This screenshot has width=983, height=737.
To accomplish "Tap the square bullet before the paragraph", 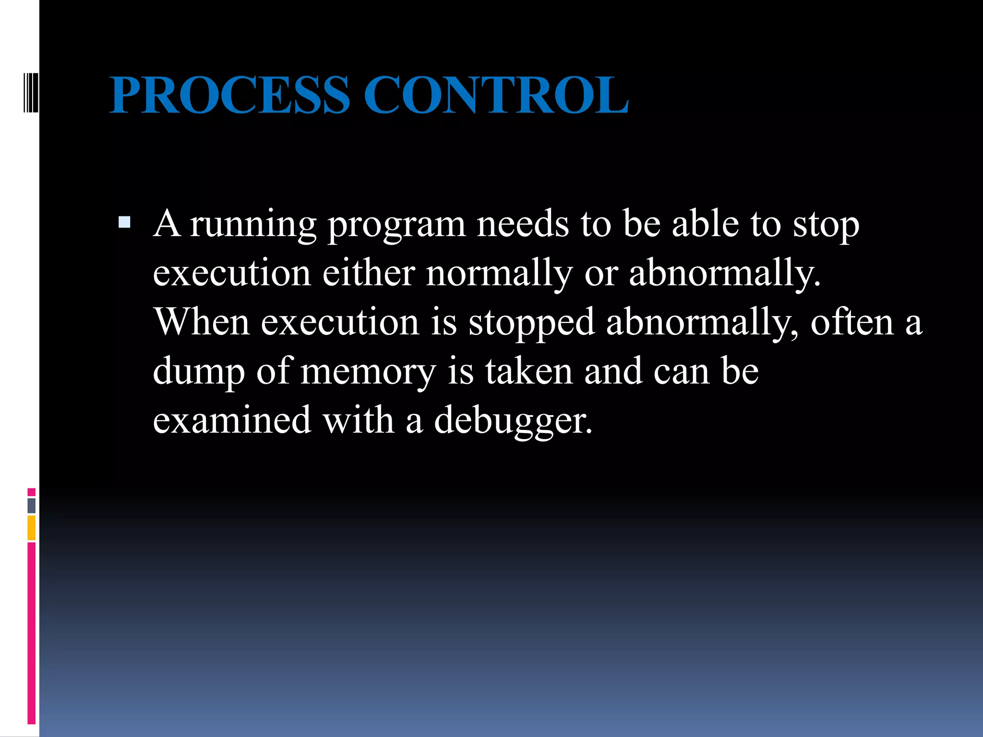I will point(124,222).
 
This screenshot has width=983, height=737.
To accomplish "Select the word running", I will point(253,225).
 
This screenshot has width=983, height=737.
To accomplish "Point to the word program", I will point(396,225).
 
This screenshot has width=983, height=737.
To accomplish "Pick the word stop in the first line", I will point(826,225).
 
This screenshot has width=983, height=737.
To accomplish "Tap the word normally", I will point(499,273).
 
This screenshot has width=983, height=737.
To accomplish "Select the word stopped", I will point(531,322).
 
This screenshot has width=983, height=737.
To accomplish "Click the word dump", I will point(198,371).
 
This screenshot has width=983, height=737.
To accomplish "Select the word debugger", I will point(513,420).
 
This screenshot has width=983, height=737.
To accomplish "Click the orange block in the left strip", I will point(31,528).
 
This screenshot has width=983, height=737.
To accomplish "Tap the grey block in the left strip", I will point(31,505).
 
